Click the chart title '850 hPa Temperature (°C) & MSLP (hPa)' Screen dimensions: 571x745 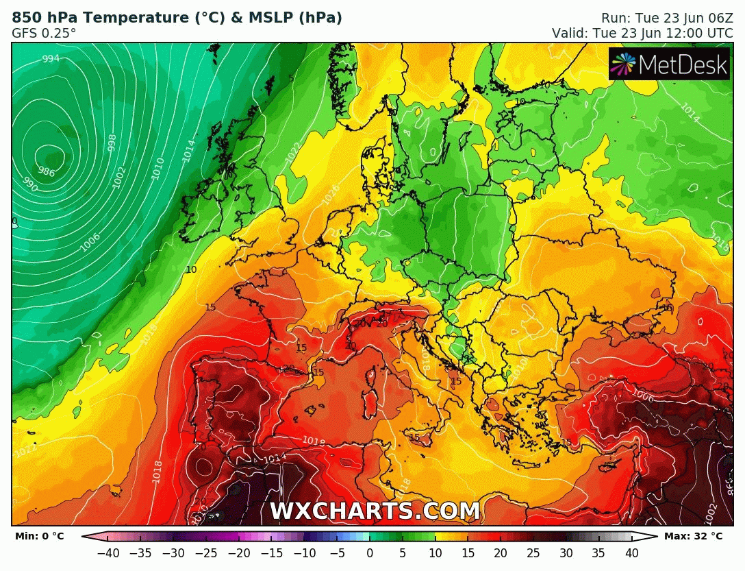177,18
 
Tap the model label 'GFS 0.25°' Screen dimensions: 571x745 44,33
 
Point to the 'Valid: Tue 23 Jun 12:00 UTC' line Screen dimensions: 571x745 642,33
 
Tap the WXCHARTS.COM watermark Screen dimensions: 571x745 375,511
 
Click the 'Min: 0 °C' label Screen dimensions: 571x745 39,536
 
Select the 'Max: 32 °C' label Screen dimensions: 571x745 693,536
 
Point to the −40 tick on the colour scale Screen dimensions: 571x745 108,552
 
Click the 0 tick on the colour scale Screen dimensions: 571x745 370,552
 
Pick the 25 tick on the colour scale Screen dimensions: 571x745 533,552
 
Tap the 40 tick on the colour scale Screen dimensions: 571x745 631,552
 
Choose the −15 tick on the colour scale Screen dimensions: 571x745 272,552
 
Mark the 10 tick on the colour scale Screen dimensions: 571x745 435,552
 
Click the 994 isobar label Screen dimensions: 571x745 51,59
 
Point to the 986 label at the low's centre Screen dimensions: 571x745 47,171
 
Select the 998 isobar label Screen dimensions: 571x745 112,143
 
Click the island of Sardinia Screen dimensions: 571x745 372,387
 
